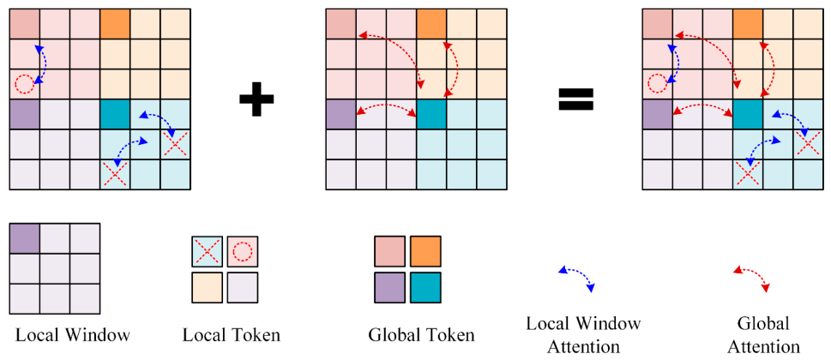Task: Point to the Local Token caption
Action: (231, 335)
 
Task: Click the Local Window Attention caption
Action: (583, 335)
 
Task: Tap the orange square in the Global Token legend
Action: (425, 251)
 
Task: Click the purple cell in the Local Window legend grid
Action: (24, 237)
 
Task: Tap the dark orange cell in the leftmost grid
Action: (114, 24)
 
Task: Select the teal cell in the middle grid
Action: (431, 114)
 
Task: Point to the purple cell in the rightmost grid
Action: (657, 114)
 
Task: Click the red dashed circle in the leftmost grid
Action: (24, 84)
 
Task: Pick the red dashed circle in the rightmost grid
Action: (657, 84)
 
